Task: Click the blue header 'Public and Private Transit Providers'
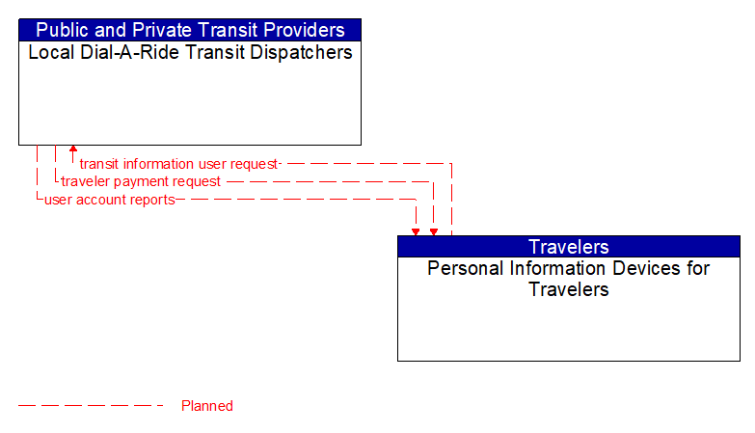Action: tap(190, 30)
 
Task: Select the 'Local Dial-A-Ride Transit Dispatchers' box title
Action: tap(190, 53)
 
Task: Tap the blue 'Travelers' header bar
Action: tap(569, 247)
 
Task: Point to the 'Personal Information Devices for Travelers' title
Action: tap(569, 279)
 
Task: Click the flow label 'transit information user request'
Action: tap(178, 164)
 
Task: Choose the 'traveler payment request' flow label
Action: tap(141, 181)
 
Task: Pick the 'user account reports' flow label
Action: tap(110, 200)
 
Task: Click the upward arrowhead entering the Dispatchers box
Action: tap(73, 150)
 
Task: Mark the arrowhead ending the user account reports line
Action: tap(416, 230)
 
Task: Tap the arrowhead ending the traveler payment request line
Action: tap(434, 230)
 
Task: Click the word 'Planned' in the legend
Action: tap(207, 406)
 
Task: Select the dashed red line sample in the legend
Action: tap(92, 406)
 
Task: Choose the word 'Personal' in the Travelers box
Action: tap(461, 268)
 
